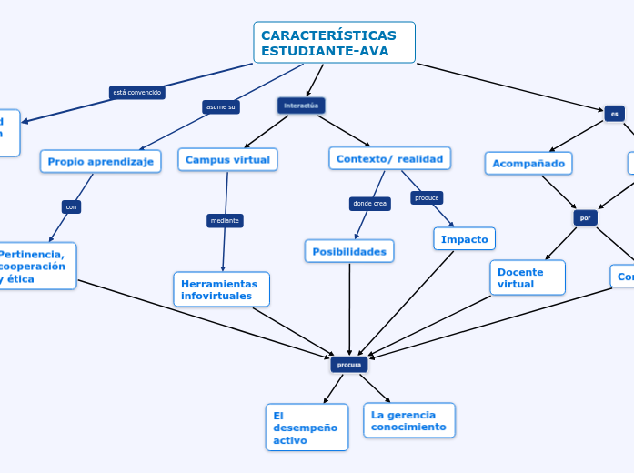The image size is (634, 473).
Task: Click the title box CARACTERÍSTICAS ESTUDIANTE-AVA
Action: click(x=334, y=43)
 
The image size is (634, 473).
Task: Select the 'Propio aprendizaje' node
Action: click(x=101, y=161)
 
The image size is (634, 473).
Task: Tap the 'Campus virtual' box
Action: click(x=227, y=160)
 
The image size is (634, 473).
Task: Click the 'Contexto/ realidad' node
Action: click(x=389, y=159)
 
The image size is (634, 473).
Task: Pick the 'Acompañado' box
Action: click(x=528, y=164)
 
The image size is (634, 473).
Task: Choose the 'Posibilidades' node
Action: click(x=349, y=251)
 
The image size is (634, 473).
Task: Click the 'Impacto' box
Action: click(x=464, y=239)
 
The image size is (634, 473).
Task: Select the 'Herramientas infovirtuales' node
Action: click(x=221, y=289)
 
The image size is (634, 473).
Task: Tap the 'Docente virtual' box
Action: click(x=527, y=277)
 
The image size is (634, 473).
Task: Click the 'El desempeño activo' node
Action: click(x=307, y=428)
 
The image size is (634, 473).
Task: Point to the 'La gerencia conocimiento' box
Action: click(x=408, y=420)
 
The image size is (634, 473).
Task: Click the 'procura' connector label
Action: click(x=349, y=365)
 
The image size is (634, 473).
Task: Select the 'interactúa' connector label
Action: click(x=301, y=106)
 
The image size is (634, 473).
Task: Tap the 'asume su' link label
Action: click(x=221, y=107)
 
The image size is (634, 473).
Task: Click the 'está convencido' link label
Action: click(x=136, y=92)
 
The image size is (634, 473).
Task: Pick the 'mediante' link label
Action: click(x=225, y=220)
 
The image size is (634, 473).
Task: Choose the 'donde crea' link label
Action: click(x=369, y=204)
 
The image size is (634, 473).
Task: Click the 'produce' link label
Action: click(x=427, y=197)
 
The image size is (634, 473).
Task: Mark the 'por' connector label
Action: click(x=585, y=218)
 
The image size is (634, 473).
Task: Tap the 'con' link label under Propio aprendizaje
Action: click(x=71, y=206)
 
